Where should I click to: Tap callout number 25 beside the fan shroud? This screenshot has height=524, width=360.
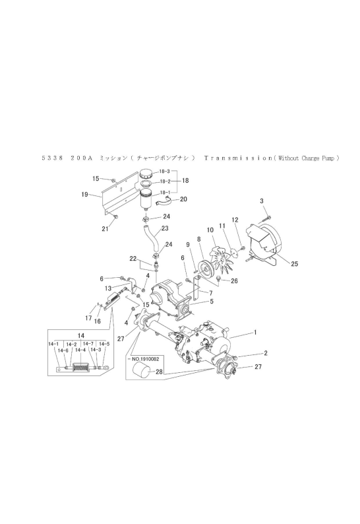(x=294, y=264)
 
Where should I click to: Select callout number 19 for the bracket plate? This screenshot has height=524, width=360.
(x=85, y=194)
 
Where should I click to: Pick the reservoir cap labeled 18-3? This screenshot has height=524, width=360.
(x=146, y=174)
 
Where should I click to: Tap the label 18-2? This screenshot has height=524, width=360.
(x=165, y=181)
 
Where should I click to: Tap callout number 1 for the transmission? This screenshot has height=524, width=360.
(x=255, y=332)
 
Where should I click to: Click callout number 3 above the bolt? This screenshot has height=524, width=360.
(x=262, y=201)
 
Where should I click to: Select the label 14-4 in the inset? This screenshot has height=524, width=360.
(x=80, y=350)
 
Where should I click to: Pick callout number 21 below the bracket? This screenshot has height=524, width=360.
(x=105, y=229)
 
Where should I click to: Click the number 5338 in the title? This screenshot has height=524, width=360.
(x=53, y=158)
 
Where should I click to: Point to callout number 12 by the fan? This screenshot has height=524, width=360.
(x=235, y=220)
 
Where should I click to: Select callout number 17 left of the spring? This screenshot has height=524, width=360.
(x=88, y=318)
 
